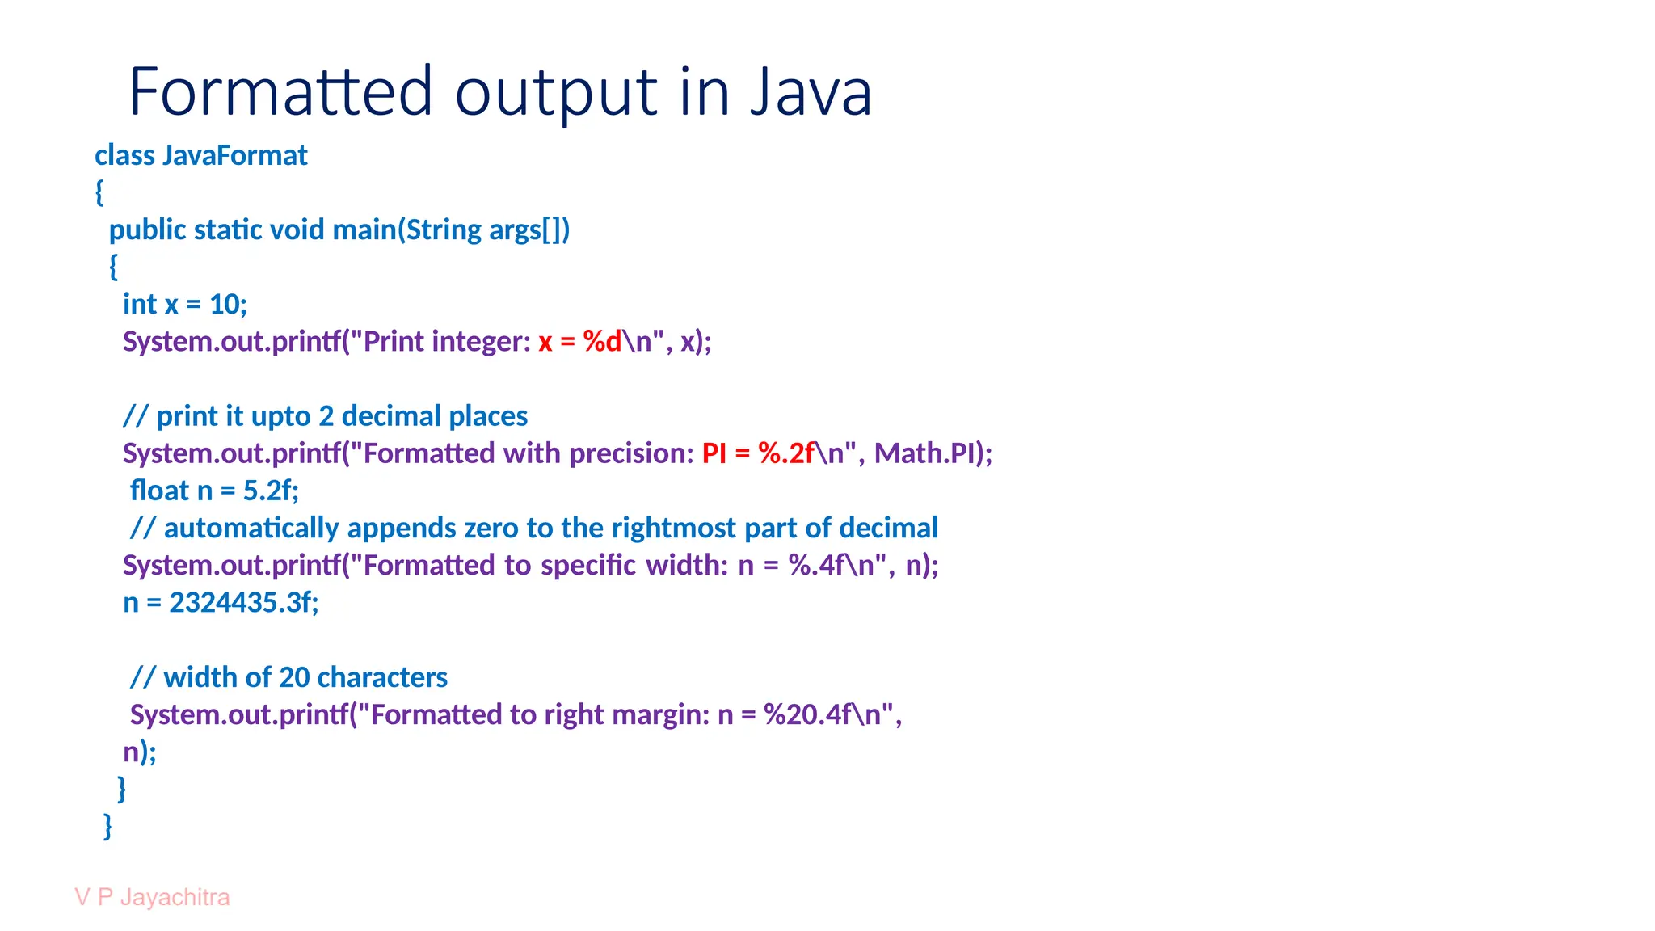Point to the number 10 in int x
coord(224,305)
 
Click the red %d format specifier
coord(602,342)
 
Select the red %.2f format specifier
coord(786,453)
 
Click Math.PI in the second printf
coord(924,453)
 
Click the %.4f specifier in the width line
coord(818,565)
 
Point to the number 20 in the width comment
coord(293,677)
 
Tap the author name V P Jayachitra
coord(152,897)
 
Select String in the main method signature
coord(443,230)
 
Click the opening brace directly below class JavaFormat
coord(99,192)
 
